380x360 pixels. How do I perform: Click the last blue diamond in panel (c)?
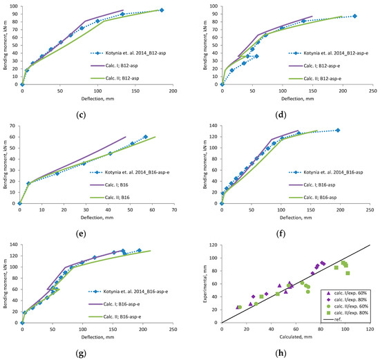click(162, 10)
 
